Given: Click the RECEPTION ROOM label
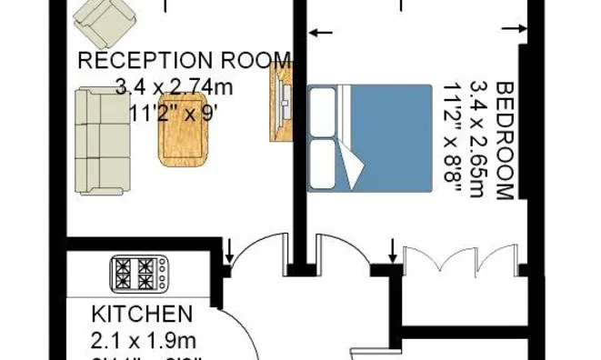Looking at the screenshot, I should (185, 61).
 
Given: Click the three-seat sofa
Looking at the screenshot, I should (101, 140).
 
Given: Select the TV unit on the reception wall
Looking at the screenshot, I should (280, 102).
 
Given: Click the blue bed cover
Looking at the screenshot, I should (391, 136).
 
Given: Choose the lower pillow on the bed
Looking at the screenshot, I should (325, 164).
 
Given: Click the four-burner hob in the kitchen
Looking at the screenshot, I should (139, 272).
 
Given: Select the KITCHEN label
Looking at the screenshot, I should (142, 315).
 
